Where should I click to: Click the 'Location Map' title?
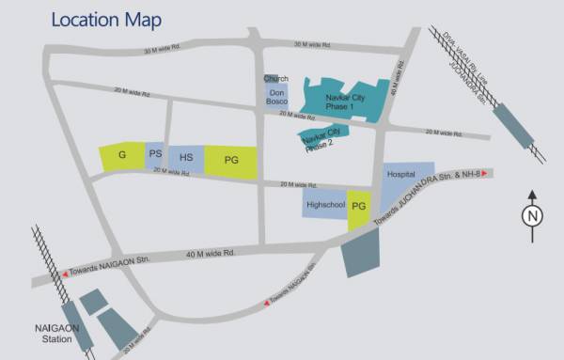click(106, 20)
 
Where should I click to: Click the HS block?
click(186, 158)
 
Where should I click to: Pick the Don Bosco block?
click(276, 99)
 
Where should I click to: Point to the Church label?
click(275, 78)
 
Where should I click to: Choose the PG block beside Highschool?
click(359, 210)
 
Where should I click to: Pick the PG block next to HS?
click(231, 162)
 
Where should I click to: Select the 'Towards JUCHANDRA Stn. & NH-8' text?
click(428, 198)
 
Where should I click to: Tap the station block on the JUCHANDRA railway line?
click(515, 125)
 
